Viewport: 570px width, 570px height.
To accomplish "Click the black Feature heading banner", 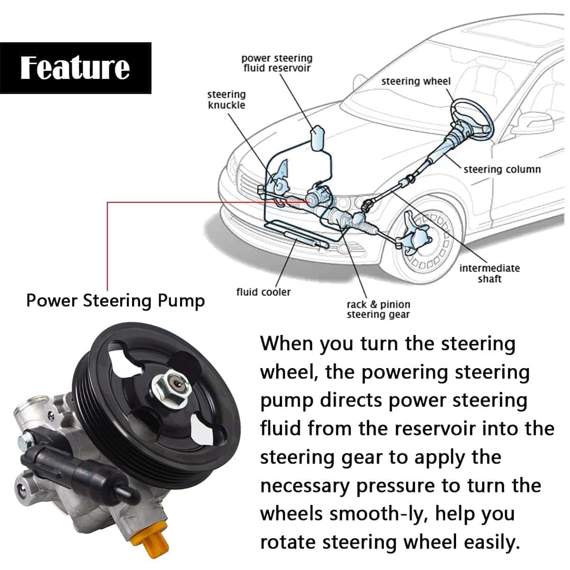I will [x=76, y=68].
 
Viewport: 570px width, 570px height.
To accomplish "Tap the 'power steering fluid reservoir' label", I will [x=277, y=63].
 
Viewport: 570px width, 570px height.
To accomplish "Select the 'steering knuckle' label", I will [x=227, y=100].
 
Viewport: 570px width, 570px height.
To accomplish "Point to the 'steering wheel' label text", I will [x=416, y=81].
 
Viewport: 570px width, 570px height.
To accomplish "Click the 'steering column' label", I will [x=502, y=169].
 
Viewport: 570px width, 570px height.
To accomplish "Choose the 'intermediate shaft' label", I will [x=489, y=274].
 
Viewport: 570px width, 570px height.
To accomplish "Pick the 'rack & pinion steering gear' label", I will [x=378, y=309].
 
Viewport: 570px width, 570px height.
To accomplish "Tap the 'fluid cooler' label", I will [x=263, y=292].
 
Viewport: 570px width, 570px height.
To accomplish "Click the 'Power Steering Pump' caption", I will [x=115, y=301].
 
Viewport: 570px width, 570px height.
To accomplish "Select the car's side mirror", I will [x=534, y=123].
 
